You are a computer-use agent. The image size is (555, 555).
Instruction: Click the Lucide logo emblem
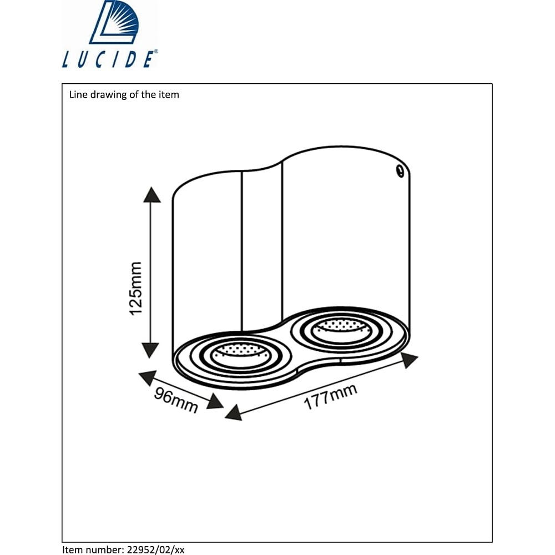(x=114, y=22)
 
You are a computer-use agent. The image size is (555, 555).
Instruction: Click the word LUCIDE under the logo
(x=108, y=59)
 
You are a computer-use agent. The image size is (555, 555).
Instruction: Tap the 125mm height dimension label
(x=136, y=289)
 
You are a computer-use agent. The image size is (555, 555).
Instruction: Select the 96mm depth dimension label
(x=176, y=400)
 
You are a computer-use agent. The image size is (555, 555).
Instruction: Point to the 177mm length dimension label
(x=331, y=397)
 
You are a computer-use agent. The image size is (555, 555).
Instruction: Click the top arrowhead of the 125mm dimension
(x=152, y=195)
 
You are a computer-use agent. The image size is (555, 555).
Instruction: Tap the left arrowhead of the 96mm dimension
(x=148, y=378)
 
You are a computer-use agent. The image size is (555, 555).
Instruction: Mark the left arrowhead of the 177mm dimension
(x=234, y=413)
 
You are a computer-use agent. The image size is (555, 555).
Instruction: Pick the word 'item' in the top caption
(x=170, y=94)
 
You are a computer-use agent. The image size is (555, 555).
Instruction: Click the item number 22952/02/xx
(x=155, y=550)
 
